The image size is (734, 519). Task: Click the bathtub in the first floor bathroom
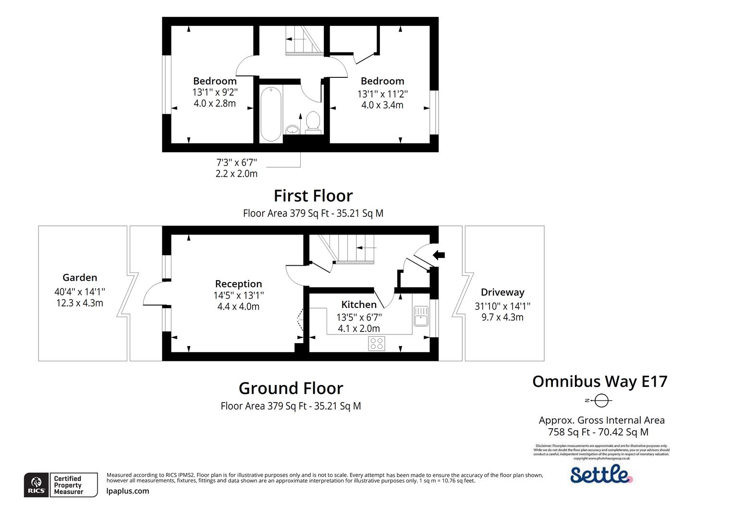(x=271, y=114)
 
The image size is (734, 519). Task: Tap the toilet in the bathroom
(x=313, y=121)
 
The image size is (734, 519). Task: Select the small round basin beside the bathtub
(x=292, y=129)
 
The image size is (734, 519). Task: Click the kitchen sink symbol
(x=421, y=316)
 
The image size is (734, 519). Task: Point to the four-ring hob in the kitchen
(x=376, y=343)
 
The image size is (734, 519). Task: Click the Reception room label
(x=238, y=284)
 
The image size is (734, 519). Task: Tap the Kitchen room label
(x=359, y=304)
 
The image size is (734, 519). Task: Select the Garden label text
(x=80, y=277)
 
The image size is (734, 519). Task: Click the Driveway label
(x=502, y=292)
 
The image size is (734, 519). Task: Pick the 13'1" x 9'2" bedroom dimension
(x=215, y=92)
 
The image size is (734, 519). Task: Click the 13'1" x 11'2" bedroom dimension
(x=382, y=93)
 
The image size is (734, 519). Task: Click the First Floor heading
(x=313, y=196)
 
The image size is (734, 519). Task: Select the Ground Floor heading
(x=291, y=388)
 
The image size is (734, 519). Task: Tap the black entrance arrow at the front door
(x=439, y=255)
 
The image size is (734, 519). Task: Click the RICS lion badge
(x=36, y=485)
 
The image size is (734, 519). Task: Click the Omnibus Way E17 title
(x=599, y=381)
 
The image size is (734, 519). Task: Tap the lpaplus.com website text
(x=128, y=491)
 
